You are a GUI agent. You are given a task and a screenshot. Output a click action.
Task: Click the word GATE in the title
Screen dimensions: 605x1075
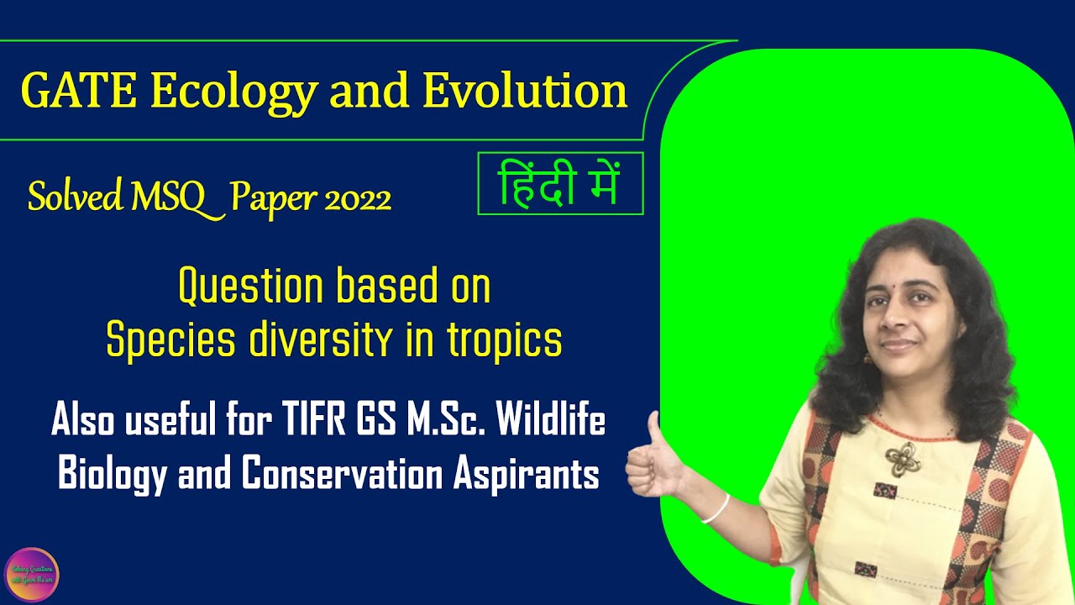coord(79,91)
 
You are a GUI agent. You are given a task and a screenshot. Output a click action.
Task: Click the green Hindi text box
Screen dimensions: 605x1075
coord(560,183)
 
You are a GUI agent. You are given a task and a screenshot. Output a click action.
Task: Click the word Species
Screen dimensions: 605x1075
coord(164,340)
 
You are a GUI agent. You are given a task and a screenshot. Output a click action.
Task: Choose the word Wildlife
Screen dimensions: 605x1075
coord(550,420)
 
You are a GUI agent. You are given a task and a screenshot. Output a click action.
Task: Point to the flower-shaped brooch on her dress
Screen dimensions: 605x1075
coord(904,459)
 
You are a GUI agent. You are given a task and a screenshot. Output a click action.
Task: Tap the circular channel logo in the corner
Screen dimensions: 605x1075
coord(32,575)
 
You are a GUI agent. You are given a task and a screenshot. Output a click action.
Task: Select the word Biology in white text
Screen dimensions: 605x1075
coord(112,475)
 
